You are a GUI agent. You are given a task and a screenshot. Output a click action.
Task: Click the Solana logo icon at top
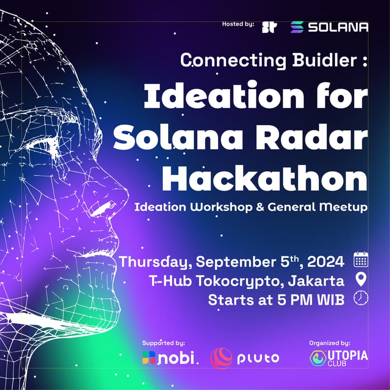click(297, 27)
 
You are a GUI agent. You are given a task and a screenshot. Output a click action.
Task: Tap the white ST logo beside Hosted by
click(270, 27)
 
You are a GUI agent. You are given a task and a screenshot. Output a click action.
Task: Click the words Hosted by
click(238, 24)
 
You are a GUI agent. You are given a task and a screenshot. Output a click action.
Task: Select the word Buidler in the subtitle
click(325, 60)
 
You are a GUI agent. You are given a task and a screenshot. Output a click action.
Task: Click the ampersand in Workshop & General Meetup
click(260, 207)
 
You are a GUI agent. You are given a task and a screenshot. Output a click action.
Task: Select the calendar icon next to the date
click(361, 259)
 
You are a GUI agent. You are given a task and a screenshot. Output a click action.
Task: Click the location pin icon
click(361, 279)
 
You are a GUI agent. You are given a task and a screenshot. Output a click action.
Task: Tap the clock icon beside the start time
click(361, 298)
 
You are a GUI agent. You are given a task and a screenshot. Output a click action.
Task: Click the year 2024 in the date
click(326, 262)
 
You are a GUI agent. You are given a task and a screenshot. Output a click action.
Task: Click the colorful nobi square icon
click(149, 358)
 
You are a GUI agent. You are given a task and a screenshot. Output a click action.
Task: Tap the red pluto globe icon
click(221, 358)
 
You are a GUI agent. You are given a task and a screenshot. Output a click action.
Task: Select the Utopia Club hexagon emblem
click(318, 358)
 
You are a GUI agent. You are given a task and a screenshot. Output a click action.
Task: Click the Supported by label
click(163, 343)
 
